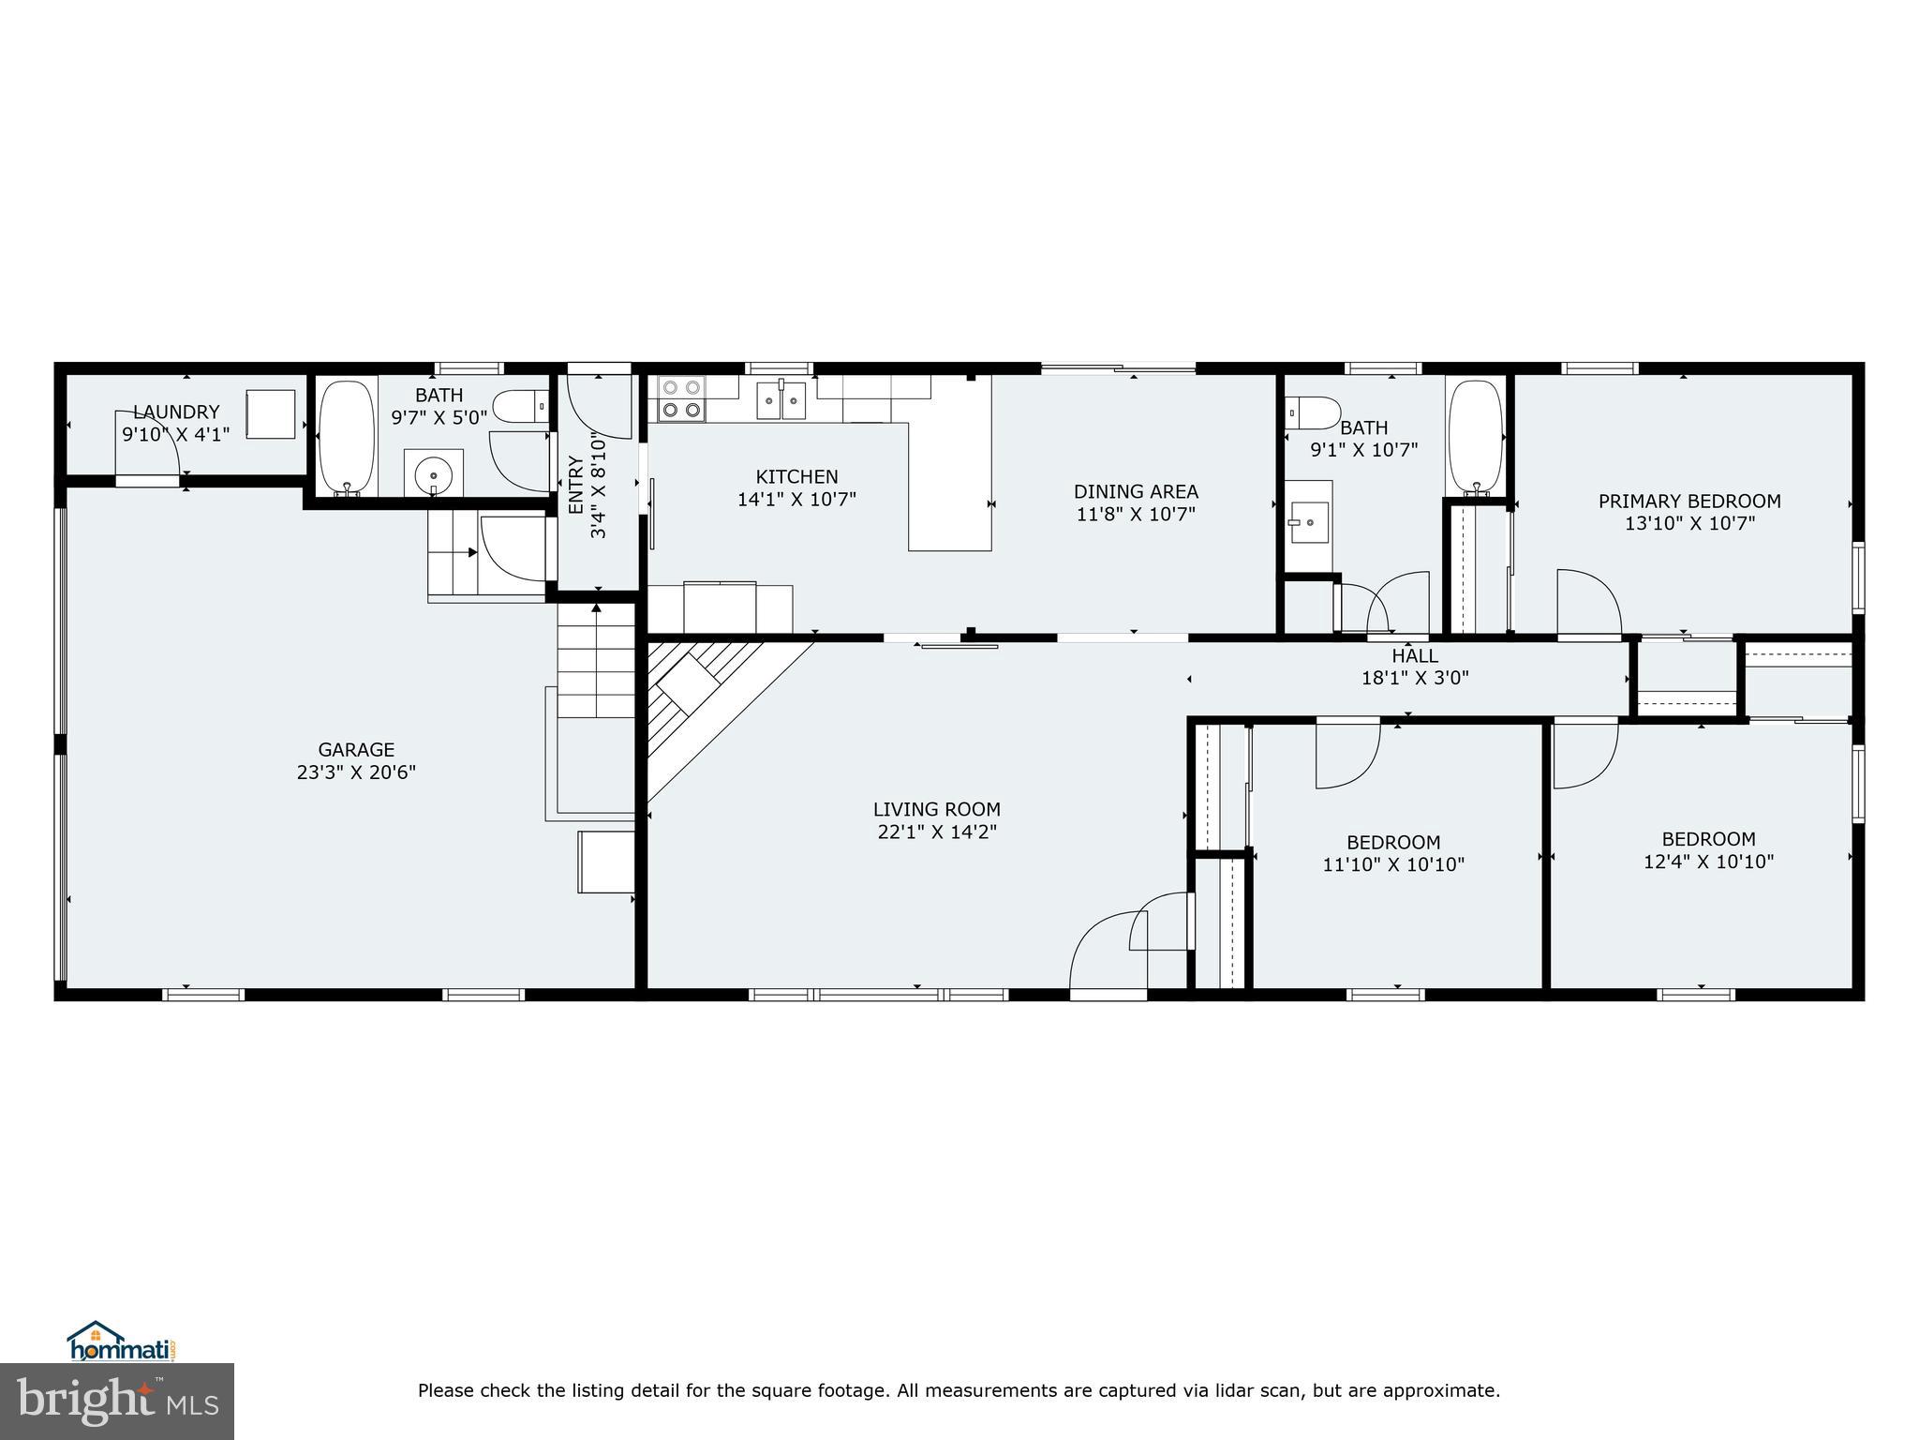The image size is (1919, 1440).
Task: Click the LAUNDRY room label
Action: coord(176,412)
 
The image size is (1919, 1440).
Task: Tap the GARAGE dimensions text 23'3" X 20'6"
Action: coord(356,772)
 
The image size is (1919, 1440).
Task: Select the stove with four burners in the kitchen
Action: coord(681,397)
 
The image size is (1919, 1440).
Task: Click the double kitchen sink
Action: coord(781,401)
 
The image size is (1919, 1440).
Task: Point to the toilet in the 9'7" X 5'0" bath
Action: coord(519,407)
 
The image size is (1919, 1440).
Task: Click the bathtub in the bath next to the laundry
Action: coord(347,437)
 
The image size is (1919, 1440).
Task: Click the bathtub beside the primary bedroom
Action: coord(1475,436)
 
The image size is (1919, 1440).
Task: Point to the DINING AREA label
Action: coord(1136,491)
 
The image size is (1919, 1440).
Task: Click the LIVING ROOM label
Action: coord(936,809)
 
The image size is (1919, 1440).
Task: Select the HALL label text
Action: coord(1414,656)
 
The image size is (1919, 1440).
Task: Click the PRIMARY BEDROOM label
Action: coord(1688,502)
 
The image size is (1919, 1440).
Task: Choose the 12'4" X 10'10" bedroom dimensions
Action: coord(1708,862)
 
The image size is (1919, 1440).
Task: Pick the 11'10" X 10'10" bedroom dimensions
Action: coord(1392,864)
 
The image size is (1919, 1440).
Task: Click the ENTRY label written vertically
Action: coord(575,485)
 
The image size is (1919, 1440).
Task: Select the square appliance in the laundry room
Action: coord(271,413)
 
